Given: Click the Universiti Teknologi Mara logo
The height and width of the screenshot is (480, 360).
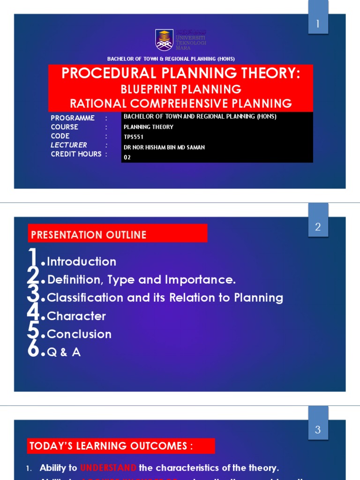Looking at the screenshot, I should coord(165,39).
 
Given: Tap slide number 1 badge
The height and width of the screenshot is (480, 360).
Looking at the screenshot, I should coord(318,24).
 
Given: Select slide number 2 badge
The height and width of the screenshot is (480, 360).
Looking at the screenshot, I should coord(318,227).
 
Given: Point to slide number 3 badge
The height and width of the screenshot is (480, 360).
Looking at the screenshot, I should coord(318,430).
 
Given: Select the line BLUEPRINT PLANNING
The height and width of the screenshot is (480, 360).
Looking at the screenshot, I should coord(181,89).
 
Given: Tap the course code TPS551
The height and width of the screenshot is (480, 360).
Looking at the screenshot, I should coord(133,137).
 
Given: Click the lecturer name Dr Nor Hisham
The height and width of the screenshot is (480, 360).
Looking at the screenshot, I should coord(164,147).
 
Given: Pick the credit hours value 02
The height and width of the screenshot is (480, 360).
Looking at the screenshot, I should coord(127,157).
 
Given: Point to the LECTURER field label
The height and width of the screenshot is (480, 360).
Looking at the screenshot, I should coord(69,145).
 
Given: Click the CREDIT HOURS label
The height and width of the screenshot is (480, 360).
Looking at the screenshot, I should coord(76,154).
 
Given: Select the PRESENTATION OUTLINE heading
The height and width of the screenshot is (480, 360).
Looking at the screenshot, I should coord(88,235).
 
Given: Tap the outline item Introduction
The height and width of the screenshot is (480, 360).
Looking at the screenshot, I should coord(82,262).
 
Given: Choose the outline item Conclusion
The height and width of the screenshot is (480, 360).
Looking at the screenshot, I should coord(79,334).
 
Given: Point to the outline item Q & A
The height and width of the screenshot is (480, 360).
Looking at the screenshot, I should coord(64,352).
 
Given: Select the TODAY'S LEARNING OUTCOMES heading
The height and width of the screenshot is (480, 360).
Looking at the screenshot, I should coord(111,446).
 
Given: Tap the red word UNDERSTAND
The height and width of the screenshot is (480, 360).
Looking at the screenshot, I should coord(108,468).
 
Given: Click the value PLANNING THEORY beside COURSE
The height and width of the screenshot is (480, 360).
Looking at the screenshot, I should coord(148,127).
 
